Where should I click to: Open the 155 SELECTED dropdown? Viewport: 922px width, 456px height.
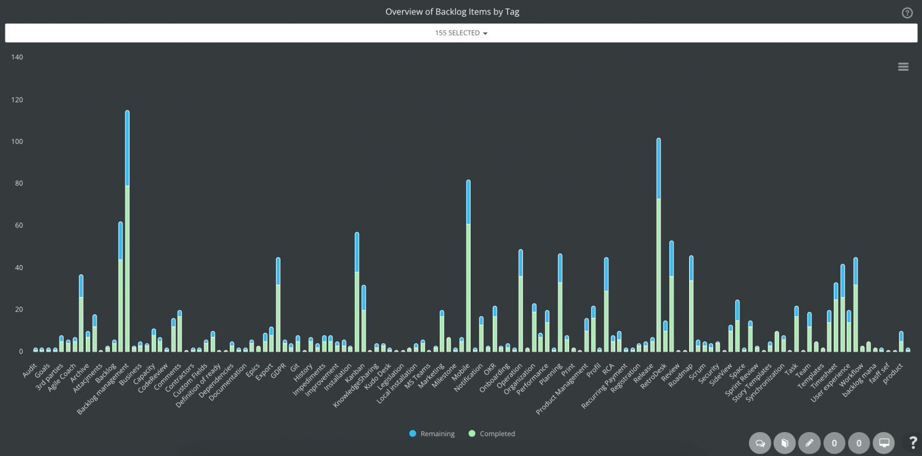click(x=461, y=33)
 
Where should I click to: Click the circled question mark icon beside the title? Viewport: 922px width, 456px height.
click(x=907, y=13)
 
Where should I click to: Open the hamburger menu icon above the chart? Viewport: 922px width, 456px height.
click(x=903, y=67)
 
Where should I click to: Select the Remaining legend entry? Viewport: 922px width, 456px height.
click(x=432, y=434)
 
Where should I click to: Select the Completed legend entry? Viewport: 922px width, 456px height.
click(x=492, y=434)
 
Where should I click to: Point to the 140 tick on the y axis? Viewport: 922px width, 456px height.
click(x=17, y=58)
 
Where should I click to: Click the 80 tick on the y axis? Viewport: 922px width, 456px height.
click(x=17, y=184)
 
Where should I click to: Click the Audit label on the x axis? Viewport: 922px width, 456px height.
click(x=30, y=367)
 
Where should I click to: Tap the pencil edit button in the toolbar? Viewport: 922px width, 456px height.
click(x=809, y=443)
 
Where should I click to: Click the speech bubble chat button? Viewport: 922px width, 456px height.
click(x=760, y=443)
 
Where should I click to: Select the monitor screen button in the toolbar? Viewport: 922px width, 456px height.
click(x=884, y=443)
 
